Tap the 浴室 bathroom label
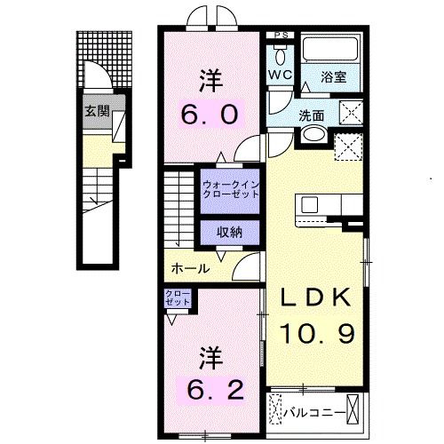[x=335, y=77]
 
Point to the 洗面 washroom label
[x=311, y=115]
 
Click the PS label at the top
[x=281, y=36]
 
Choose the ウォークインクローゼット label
[x=230, y=189]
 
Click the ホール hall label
[x=189, y=267]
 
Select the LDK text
[x=318, y=299]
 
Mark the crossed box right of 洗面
[x=351, y=114]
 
